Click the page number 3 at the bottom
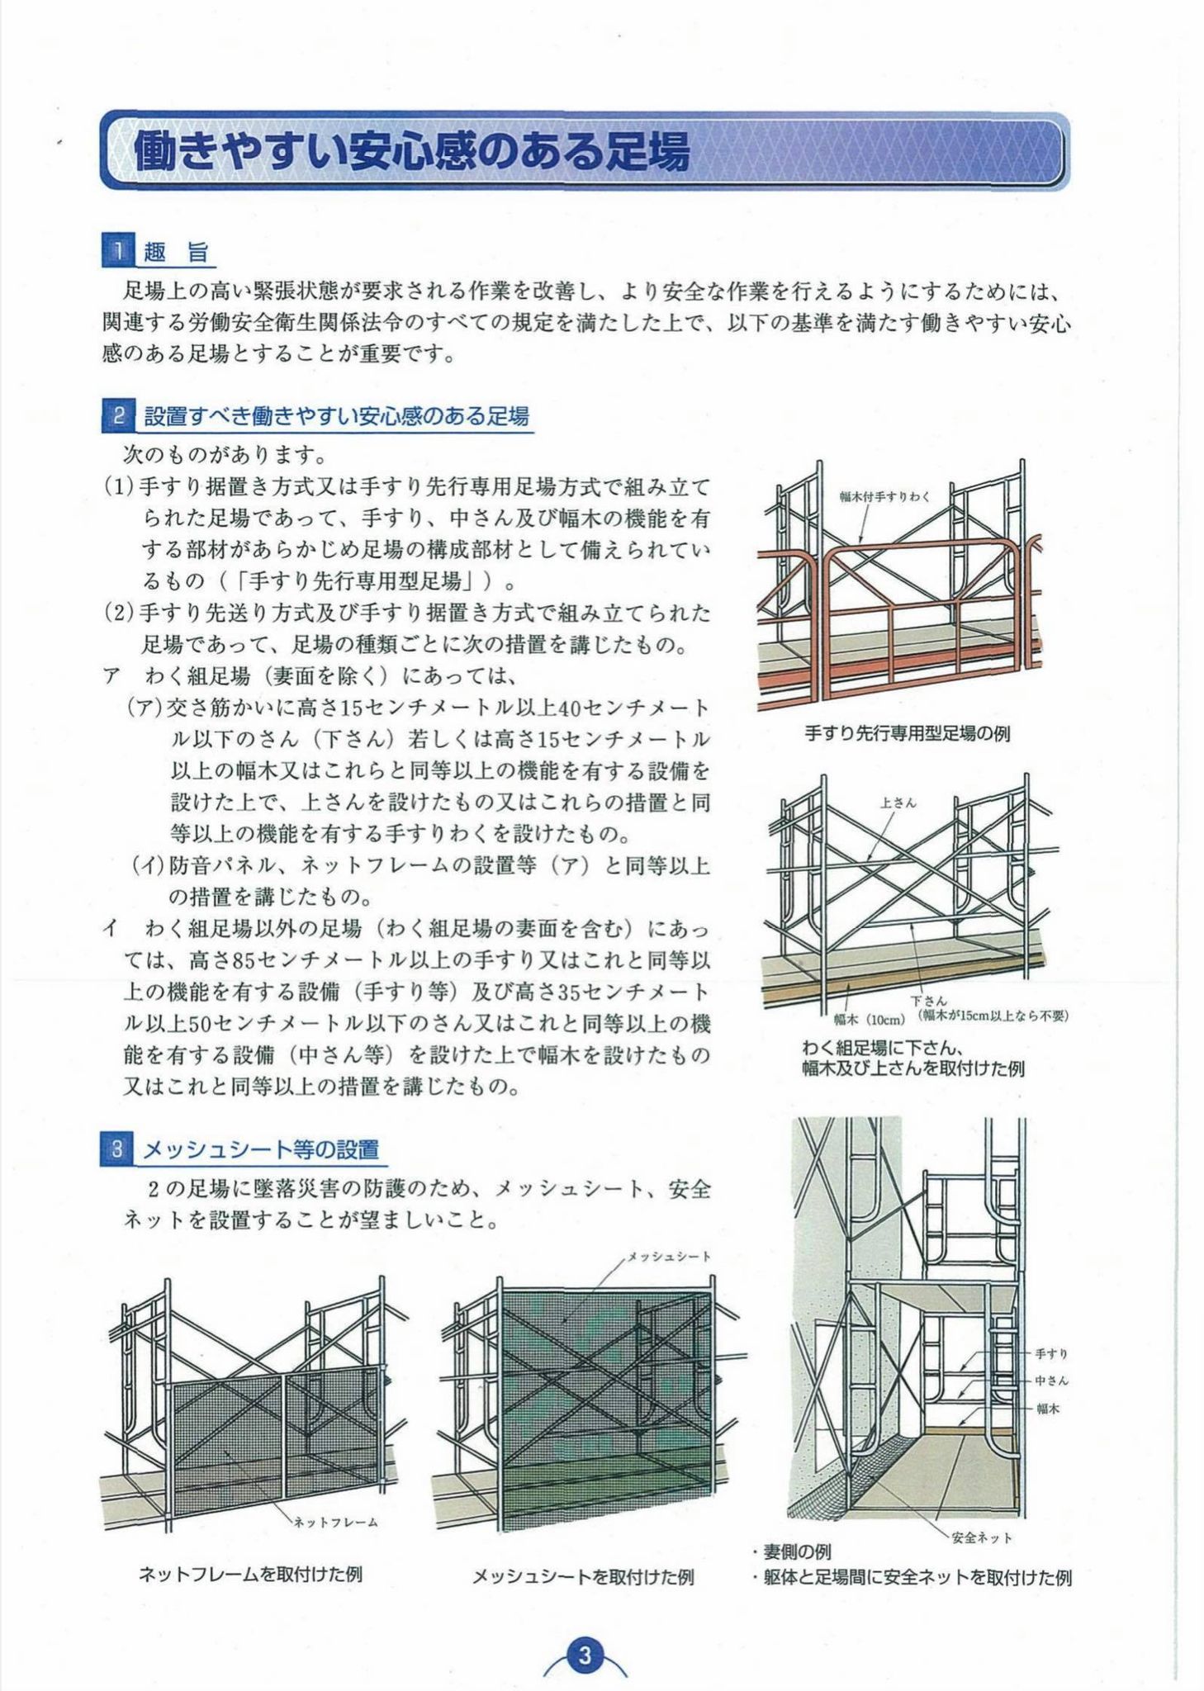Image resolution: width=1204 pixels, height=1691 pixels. click(x=585, y=1655)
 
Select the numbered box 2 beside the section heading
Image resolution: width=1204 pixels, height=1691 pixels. click(x=117, y=416)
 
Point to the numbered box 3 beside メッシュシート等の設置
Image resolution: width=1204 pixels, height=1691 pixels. click(x=117, y=1149)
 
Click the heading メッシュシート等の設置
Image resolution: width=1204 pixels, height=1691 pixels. click(x=261, y=1149)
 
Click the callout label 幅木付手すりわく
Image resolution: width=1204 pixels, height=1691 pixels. click(x=884, y=496)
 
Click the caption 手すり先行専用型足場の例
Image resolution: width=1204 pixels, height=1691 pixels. click(x=907, y=733)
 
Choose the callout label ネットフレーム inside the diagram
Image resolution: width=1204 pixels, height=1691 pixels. click(x=335, y=1522)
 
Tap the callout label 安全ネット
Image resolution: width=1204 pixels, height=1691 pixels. click(x=981, y=1537)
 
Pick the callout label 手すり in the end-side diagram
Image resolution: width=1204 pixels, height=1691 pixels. click(x=1051, y=1353)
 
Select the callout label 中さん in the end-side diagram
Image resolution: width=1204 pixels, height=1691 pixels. click(x=1051, y=1381)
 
